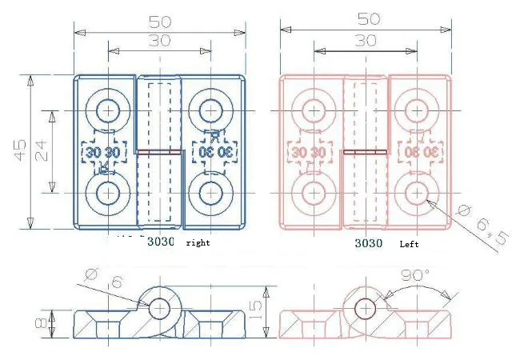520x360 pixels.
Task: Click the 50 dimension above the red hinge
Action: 369,18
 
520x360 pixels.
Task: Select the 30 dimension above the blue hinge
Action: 159,41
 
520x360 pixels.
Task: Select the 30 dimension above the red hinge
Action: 366,40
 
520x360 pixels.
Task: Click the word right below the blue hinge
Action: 198,242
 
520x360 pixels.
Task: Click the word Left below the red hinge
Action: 409,242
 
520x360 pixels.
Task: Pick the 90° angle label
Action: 414,276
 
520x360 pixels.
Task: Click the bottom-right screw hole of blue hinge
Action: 210,193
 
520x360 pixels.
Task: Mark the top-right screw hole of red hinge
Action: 416,109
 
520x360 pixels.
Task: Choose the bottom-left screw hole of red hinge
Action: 313,193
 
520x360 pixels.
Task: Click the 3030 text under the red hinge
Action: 369,242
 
